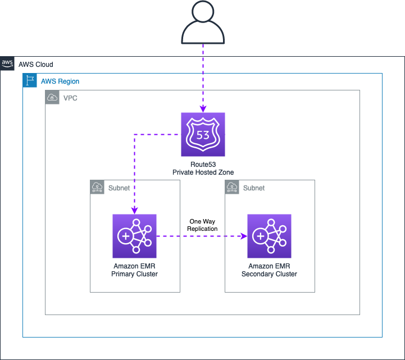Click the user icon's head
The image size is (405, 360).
tap(203, 11)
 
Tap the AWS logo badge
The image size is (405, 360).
tap(7, 63)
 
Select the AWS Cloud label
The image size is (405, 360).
tap(36, 64)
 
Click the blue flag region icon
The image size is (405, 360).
tap(30, 80)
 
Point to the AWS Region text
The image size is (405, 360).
tap(60, 81)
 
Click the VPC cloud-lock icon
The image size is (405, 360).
tap(52, 97)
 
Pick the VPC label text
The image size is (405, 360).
tap(70, 98)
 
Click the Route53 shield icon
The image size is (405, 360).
tap(203, 134)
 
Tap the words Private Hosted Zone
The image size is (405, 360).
tap(203, 172)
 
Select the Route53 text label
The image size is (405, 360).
tap(203, 165)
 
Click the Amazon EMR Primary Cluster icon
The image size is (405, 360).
tap(135, 236)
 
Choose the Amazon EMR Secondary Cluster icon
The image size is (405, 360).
tap(270, 236)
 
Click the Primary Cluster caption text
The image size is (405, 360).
tap(135, 274)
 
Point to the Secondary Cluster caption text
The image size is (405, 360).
tap(270, 274)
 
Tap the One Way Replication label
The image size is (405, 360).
tap(202, 225)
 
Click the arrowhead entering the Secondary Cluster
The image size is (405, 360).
tap(244, 236)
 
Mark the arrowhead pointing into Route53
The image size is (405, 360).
tap(203, 109)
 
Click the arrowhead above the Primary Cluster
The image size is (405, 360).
tap(135, 211)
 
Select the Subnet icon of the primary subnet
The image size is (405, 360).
tap(97, 187)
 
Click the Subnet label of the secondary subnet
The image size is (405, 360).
tap(254, 188)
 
